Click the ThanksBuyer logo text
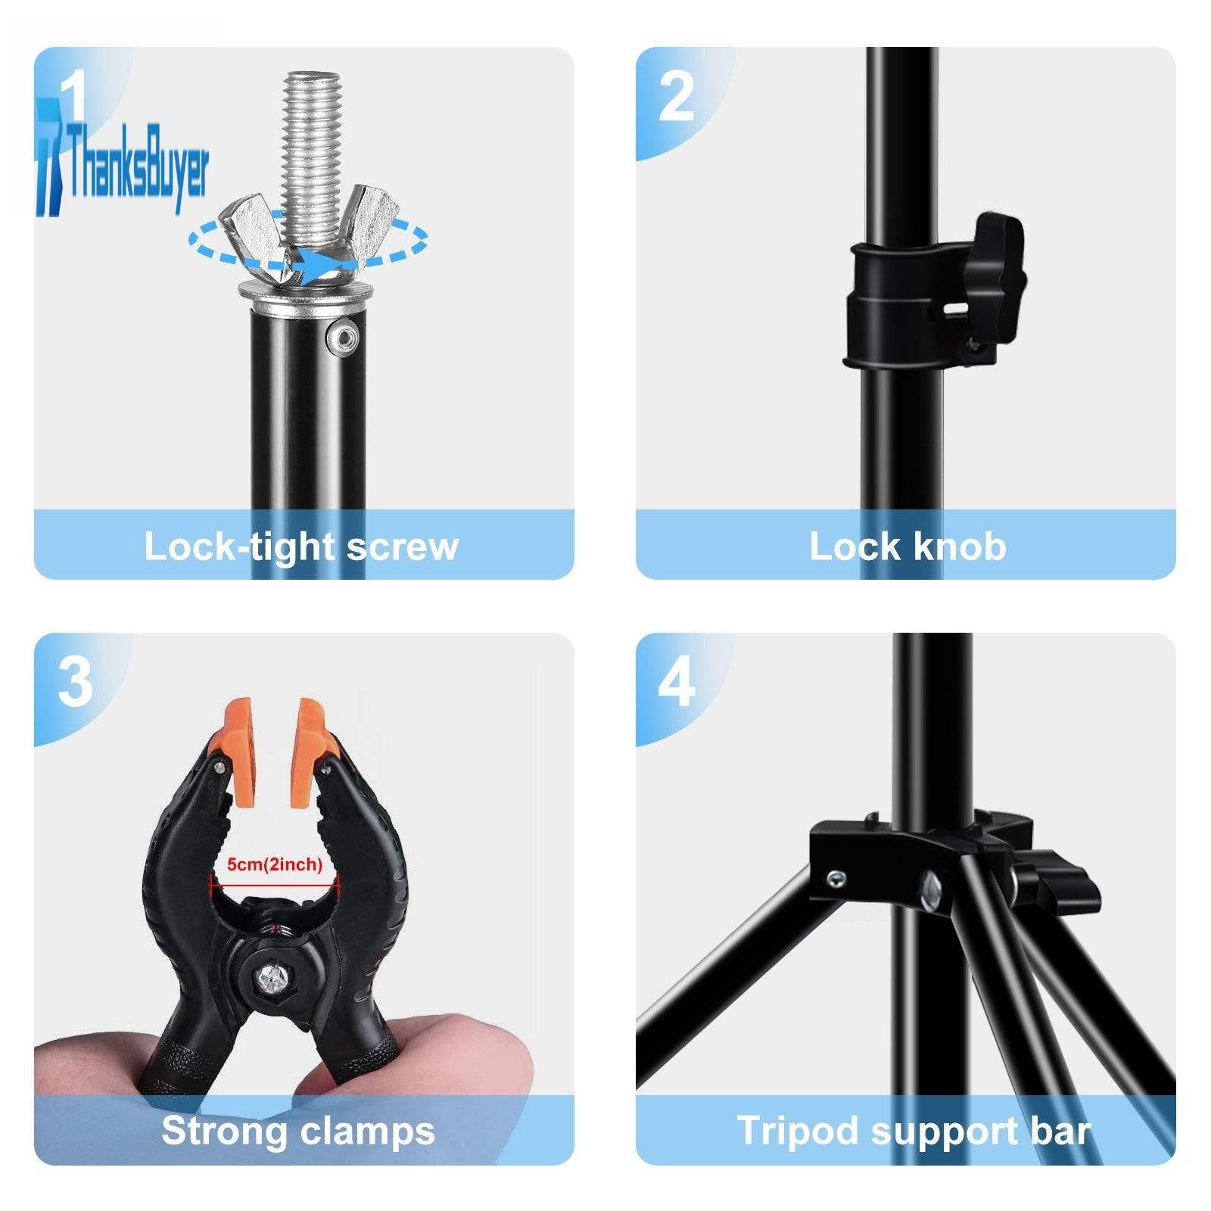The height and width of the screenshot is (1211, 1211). tap(139, 165)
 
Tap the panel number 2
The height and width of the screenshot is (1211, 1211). tap(676, 97)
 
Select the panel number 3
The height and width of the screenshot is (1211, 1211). tap(75, 682)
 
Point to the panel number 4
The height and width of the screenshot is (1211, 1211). tap(677, 682)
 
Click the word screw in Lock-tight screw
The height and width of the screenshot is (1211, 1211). tap(402, 546)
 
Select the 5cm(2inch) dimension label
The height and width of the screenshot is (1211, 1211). tap(275, 864)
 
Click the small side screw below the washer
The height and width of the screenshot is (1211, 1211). tap(344, 336)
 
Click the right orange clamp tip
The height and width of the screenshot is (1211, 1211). tap(308, 751)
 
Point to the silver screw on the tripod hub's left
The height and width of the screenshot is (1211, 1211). tap(836, 879)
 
